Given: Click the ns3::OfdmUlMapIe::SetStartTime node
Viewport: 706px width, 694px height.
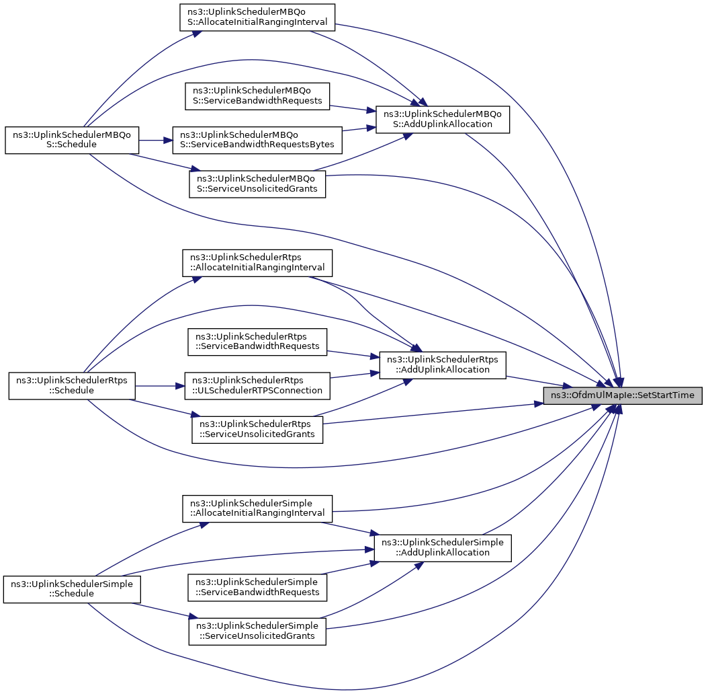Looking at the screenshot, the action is tap(623, 395).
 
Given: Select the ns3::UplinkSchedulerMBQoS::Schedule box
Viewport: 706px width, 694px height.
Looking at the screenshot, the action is tap(72, 140).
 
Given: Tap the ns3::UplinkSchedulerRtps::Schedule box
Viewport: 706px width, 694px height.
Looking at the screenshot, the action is tap(72, 386).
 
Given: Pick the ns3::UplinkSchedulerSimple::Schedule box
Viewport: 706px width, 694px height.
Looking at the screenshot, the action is tap(72, 589).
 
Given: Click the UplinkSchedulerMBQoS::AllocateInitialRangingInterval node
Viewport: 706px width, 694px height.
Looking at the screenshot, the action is tap(257, 17).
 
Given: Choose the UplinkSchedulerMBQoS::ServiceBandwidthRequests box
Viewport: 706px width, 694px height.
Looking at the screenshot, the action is tap(257, 96).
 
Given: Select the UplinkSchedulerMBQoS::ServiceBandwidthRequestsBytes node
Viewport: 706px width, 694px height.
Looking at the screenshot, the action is tap(257, 140).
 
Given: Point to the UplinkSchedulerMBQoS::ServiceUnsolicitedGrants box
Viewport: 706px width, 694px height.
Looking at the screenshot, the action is tap(257, 184).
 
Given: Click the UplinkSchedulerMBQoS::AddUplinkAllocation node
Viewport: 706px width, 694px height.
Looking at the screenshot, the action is tap(443, 120).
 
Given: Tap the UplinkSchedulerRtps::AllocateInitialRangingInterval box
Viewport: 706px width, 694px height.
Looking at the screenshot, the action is tap(257, 263).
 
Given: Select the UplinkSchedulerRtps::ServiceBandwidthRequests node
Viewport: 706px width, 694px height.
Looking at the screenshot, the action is tap(257, 342).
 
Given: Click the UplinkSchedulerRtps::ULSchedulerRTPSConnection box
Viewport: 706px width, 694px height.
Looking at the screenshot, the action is tap(257, 386).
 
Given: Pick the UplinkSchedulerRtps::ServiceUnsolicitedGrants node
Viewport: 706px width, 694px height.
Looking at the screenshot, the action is tap(257, 430).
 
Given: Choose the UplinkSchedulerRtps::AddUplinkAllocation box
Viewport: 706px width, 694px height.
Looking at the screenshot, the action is tap(443, 365).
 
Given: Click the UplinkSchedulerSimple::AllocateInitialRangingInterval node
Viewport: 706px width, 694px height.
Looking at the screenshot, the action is tap(257, 509).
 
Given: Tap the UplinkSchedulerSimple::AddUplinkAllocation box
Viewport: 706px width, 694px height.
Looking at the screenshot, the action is tap(443, 548).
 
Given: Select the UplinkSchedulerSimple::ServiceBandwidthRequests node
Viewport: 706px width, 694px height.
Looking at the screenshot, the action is tap(257, 587).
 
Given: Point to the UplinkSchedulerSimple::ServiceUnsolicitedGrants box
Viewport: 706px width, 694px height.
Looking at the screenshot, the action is tap(257, 631).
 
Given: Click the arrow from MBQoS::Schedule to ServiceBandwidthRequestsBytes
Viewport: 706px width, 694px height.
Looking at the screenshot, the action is tap(156, 140).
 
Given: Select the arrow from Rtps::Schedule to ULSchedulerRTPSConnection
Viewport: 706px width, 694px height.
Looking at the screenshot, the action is tap(160, 386).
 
